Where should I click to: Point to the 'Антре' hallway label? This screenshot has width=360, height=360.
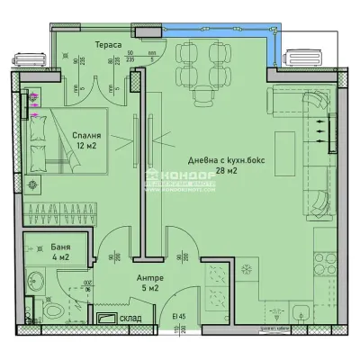pyautogui.click(x=149, y=277)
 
